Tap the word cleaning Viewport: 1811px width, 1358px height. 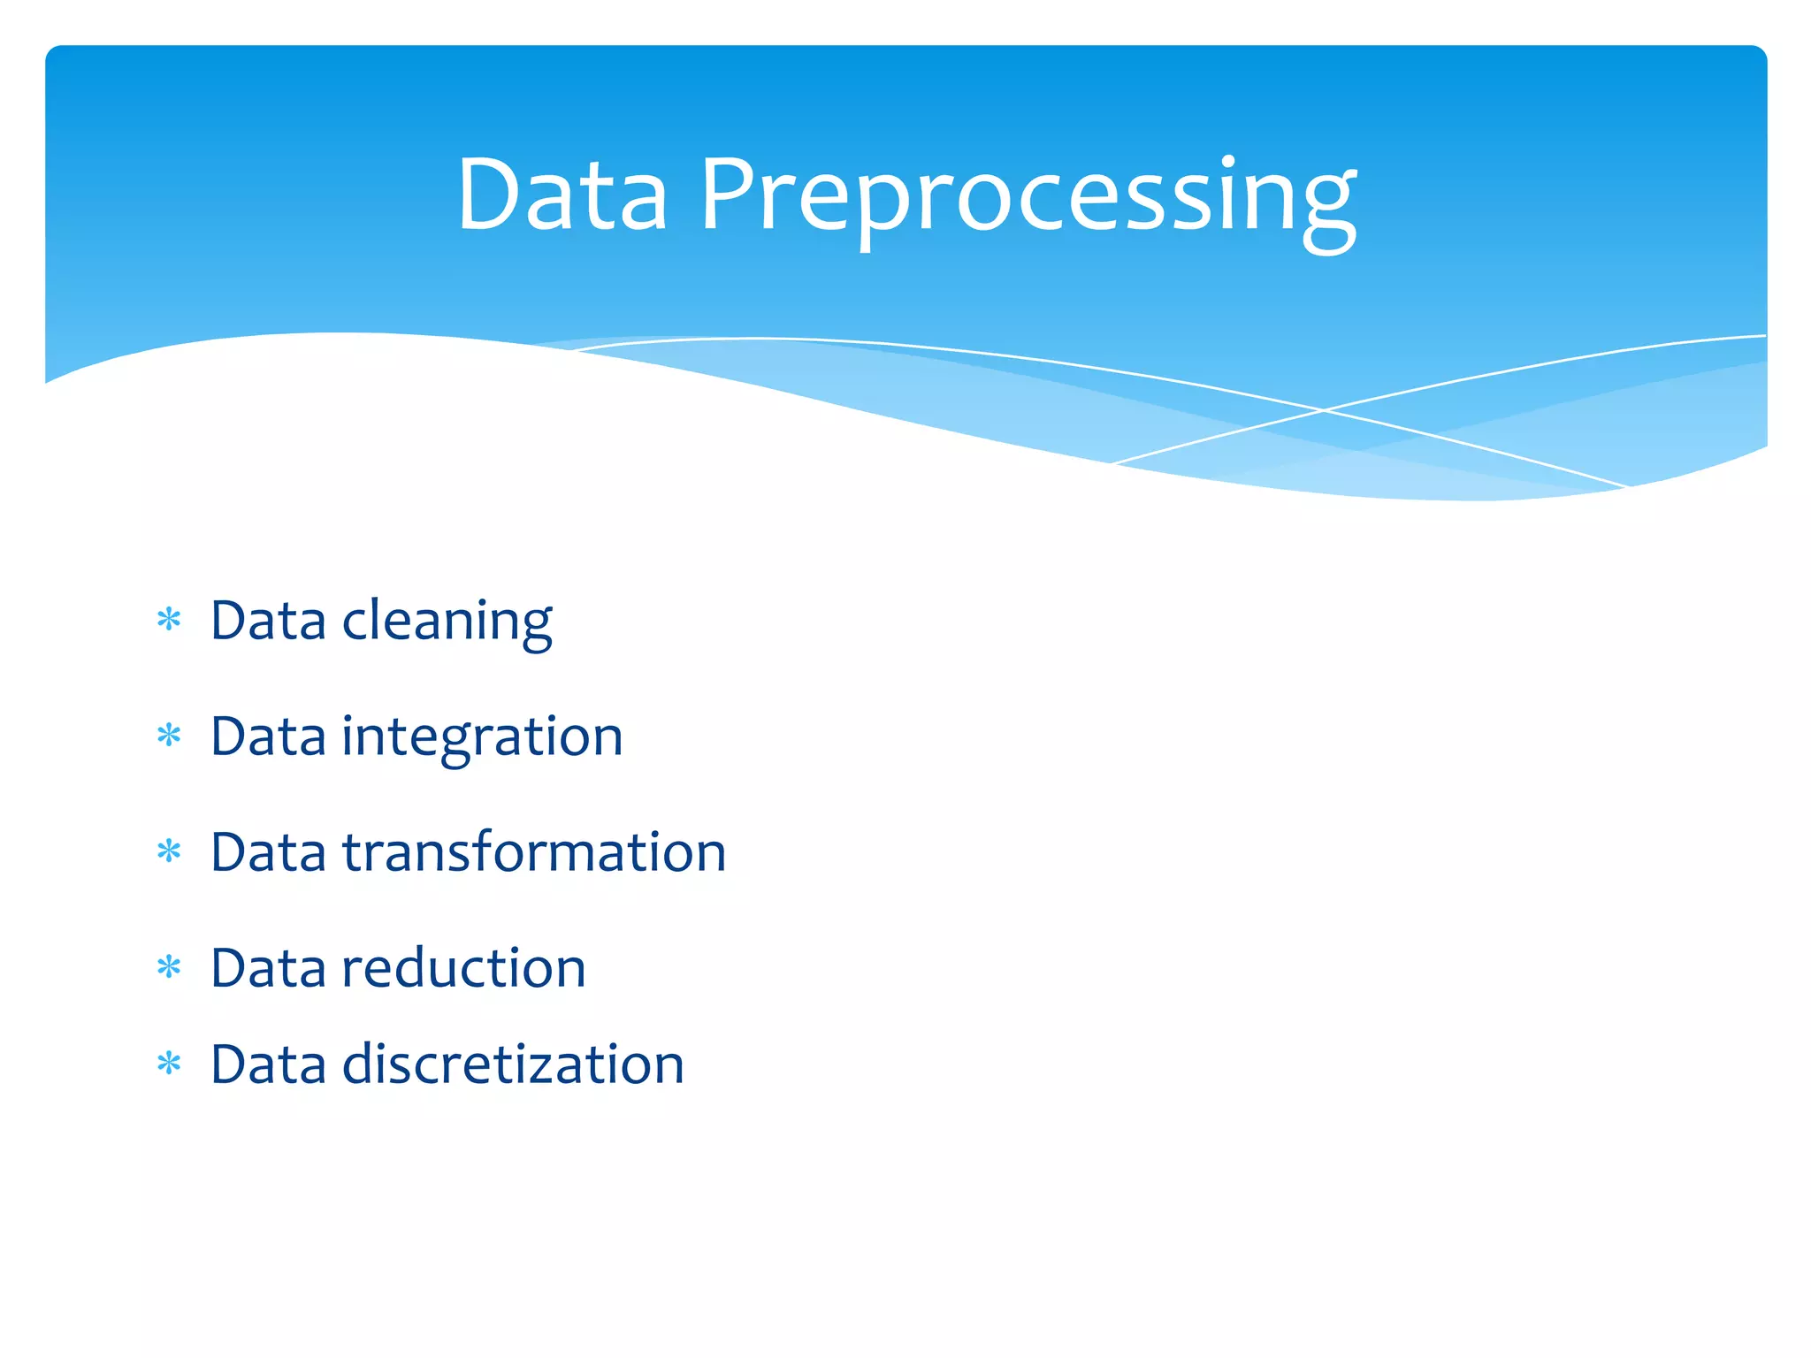tap(447, 622)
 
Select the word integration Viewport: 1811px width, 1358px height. tap(482, 737)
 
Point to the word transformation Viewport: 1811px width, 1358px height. tap(534, 852)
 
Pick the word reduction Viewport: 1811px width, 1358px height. tap(463, 968)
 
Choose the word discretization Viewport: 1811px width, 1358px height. tap(513, 1064)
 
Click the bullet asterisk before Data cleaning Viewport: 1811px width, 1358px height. tap(169, 620)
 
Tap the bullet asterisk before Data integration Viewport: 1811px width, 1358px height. tap(169, 736)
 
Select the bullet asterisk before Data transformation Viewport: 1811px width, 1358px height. tap(169, 851)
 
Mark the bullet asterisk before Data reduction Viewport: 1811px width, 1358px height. tap(169, 967)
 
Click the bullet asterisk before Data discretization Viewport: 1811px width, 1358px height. tap(169, 1064)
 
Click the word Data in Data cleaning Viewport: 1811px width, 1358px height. tap(268, 622)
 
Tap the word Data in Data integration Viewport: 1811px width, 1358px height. tap(268, 737)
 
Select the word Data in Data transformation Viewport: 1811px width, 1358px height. tap(268, 853)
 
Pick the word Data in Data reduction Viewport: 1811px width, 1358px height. tap(268, 969)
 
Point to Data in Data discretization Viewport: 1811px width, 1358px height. tap(268, 1065)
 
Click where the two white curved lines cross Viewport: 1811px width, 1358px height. tap(1324, 410)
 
